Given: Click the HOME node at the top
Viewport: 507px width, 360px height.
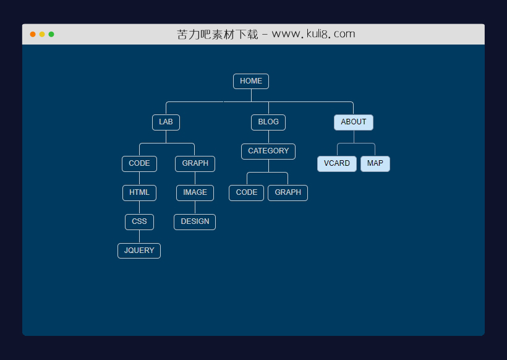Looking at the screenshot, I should pos(250,81).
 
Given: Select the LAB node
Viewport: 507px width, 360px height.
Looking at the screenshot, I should pos(166,122).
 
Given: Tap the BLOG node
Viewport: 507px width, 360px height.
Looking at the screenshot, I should pos(268,122).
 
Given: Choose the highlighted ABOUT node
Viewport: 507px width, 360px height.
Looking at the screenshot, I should pos(353,122).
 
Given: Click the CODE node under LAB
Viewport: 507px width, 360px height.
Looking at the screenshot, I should pos(139,163).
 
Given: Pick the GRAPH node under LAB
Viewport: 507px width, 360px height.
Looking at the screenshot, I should pos(195,163).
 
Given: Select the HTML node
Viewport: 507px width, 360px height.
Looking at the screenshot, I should pos(139,192).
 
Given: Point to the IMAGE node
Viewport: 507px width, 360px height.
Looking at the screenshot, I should pos(195,192).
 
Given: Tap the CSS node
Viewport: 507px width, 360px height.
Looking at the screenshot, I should pos(139,221).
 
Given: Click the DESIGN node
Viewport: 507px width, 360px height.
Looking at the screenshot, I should pos(195,221).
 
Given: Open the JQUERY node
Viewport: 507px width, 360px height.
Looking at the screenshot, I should pos(139,251).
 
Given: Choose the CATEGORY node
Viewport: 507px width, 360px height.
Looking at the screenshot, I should pos(268,151).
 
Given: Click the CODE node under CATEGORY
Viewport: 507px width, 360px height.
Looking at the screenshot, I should pos(246,192).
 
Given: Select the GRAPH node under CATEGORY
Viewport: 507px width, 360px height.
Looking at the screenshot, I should pos(288,192).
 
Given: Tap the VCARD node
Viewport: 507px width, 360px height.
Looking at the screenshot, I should pos(336,163).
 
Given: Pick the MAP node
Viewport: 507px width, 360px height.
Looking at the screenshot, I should pos(375,163).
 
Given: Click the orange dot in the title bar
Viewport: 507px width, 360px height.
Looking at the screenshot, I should pos(33,35).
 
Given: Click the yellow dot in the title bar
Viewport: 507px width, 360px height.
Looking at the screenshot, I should pos(42,35).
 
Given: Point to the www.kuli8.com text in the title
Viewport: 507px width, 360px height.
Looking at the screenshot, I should pos(313,34).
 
